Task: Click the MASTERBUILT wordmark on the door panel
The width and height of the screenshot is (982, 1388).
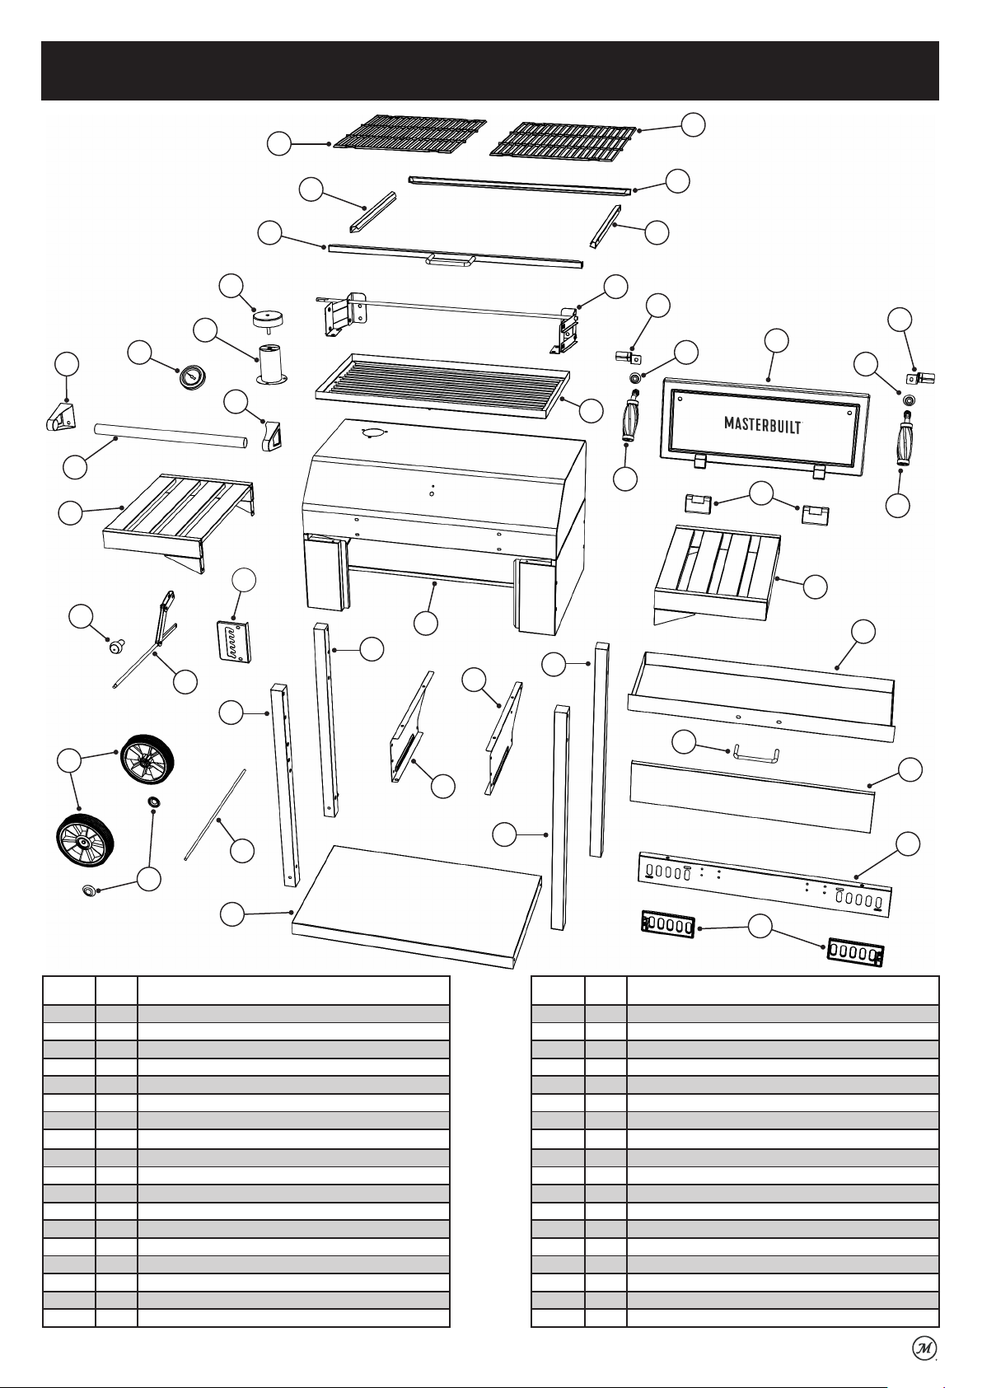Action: pyautogui.click(x=764, y=424)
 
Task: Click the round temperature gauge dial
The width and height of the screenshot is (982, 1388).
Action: pyautogui.click(x=191, y=377)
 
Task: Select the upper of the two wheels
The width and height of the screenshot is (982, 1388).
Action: pyautogui.click(x=147, y=759)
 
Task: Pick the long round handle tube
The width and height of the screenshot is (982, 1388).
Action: pyautogui.click(x=171, y=437)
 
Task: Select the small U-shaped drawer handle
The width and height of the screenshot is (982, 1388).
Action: pyautogui.click(x=755, y=753)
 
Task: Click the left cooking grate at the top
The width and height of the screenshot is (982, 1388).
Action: pyautogui.click(x=409, y=133)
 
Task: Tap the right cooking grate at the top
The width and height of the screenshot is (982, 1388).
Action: pyautogui.click(x=563, y=142)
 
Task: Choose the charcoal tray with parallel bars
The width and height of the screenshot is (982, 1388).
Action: pyautogui.click(x=442, y=384)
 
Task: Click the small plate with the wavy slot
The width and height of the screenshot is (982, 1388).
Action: pyautogui.click(x=234, y=641)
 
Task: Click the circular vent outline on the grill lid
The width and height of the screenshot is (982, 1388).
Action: pyautogui.click(x=372, y=432)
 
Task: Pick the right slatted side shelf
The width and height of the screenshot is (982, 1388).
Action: pyautogui.click(x=717, y=574)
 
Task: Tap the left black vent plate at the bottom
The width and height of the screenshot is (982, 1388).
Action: pyautogui.click(x=668, y=924)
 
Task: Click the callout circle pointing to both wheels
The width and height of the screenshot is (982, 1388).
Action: pyautogui.click(x=68, y=760)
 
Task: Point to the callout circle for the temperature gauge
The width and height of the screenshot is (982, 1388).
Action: pyautogui.click(x=139, y=352)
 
